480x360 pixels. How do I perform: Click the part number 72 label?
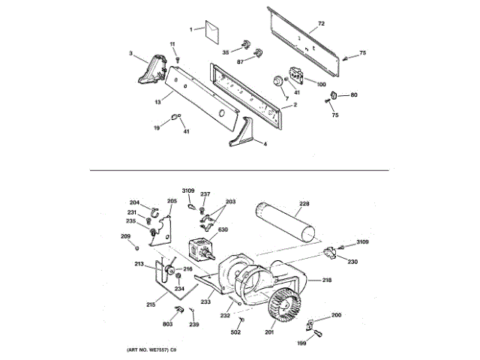[x=321, y=25]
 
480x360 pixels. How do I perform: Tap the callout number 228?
[x=304, y=204]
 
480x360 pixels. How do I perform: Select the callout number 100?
[x=321, y=84]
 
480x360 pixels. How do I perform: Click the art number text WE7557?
[x=145, y=351]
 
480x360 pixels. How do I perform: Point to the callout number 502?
[x=235, y=331]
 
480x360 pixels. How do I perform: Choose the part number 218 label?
[x=327, y=280]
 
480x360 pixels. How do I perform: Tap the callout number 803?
[x=168, y=324]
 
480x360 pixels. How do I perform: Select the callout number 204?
[x=135, y=202]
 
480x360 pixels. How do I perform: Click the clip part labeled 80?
[x=335, y=94]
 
